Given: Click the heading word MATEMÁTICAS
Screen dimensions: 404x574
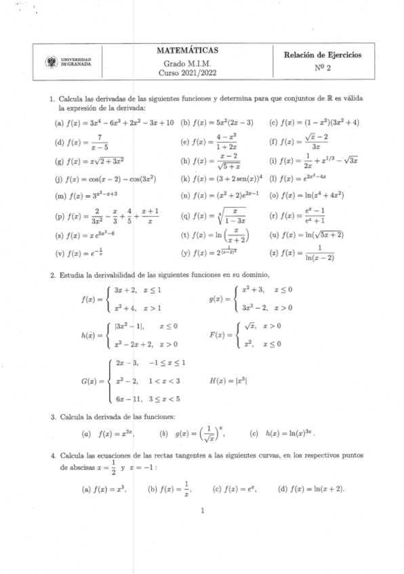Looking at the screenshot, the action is tap(186, 50).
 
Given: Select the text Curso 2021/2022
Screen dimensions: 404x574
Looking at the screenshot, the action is tap(186, 72).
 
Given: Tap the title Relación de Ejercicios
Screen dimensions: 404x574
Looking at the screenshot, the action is tap(323, 54).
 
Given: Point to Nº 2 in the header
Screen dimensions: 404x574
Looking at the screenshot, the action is tap(323, 68).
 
